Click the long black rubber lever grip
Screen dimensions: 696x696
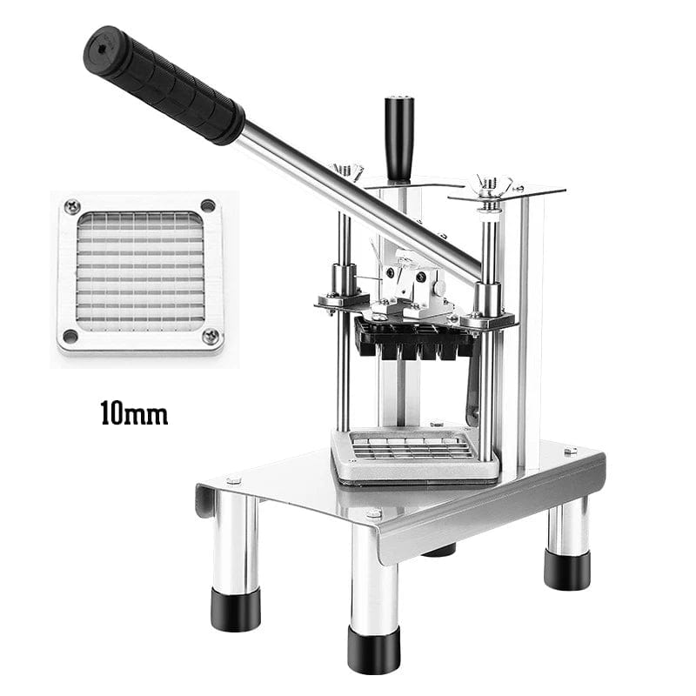pyautogui.click(x=164, y=84)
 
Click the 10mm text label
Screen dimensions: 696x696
pyautogui.click(x=135, y=413)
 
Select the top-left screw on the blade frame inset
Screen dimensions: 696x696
pyautogui.click(x=72, y=206)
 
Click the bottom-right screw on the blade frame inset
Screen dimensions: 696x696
pyautogui.click(x=211, y=336)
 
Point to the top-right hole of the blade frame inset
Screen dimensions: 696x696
pyautogui.click(x=208, y=205)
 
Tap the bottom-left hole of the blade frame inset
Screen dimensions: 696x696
pyautogui.click(x=70, y=336)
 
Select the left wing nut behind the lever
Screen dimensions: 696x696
pyautogui.click(x=347, y=171)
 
